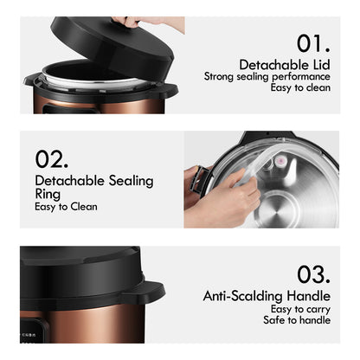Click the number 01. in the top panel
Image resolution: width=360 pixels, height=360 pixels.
tap(313, 43)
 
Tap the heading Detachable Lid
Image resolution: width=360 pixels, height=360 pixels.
tap(285, 64)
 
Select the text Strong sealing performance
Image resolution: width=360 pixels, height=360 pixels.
tap(266, 76)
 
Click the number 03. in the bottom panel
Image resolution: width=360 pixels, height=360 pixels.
tap(312, 274)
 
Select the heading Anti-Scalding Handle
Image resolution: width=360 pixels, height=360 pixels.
tap(267, 296)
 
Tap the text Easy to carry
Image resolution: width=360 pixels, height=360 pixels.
tap(299, 309)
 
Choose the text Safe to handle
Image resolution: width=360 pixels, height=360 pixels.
tap(297, 320)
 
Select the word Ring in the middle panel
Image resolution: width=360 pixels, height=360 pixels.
tap(48, 195)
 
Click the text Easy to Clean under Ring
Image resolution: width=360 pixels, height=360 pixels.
tap(66, 207)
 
